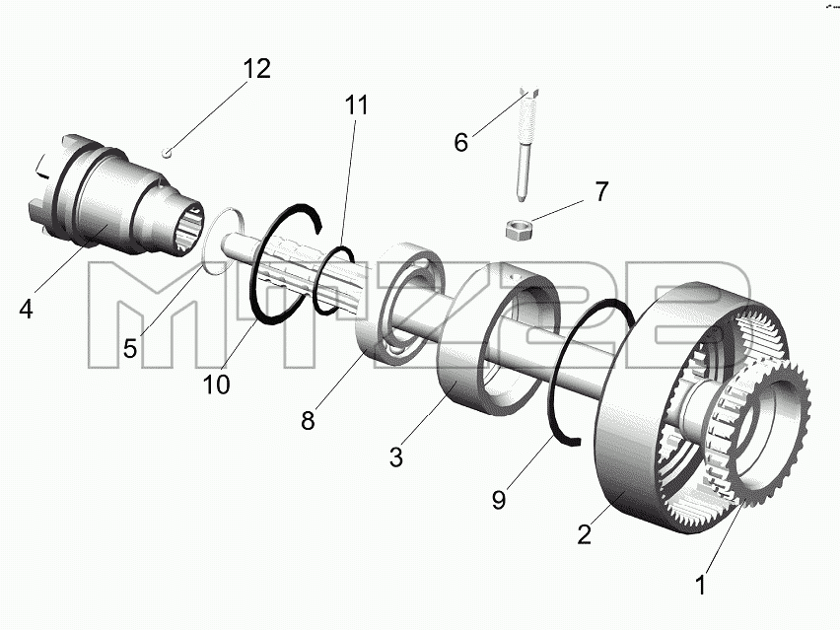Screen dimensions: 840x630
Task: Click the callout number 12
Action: click(256, 69)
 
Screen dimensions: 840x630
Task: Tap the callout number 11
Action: click(357, 105)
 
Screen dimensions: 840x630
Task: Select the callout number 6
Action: click(461, 143)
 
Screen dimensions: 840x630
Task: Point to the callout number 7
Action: click(602, 192)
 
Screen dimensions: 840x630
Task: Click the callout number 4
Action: click(27, 310)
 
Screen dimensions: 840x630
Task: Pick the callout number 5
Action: click(130, 349)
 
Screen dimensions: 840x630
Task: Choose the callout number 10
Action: click(217, 385)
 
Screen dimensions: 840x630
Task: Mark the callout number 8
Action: click(308, 421)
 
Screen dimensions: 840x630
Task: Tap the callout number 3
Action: click(396, 457)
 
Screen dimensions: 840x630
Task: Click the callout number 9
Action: click(499, 500)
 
